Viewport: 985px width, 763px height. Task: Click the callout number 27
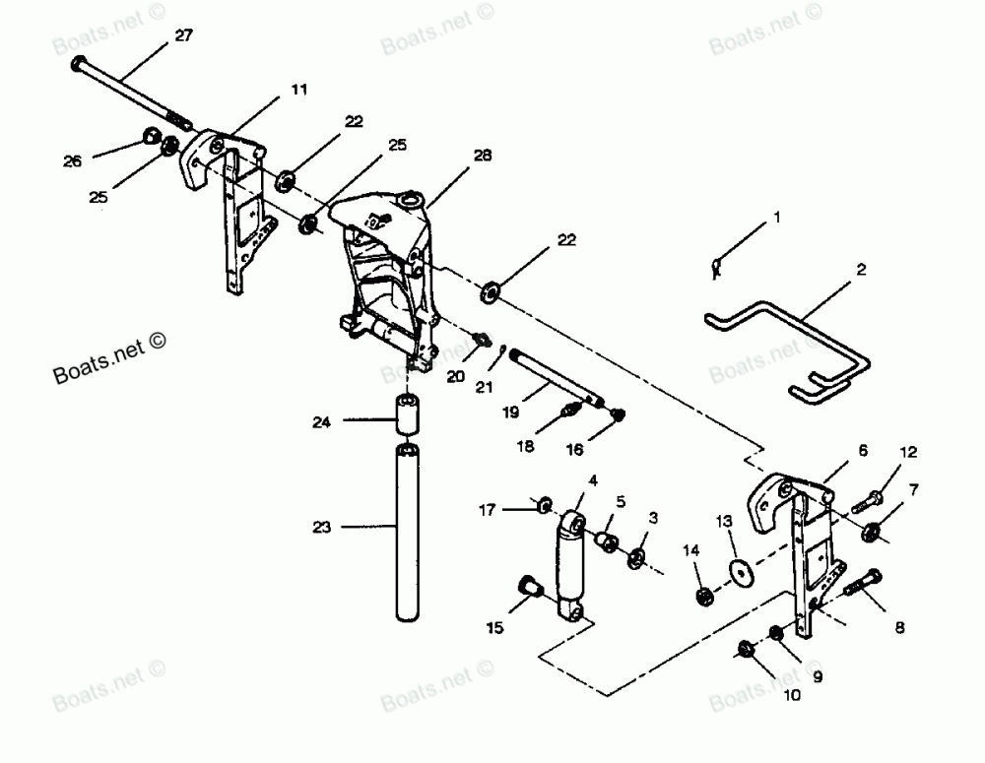coord(184,36)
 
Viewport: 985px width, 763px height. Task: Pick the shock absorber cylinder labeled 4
coord(570,566)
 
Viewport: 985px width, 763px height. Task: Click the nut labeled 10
coord(747,649)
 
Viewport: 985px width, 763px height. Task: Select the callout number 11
coord(298,90)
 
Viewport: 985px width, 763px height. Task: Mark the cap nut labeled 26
coord(152,137)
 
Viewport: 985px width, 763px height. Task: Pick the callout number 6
coord(863,450)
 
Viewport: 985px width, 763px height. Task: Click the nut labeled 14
coord(704,597)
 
